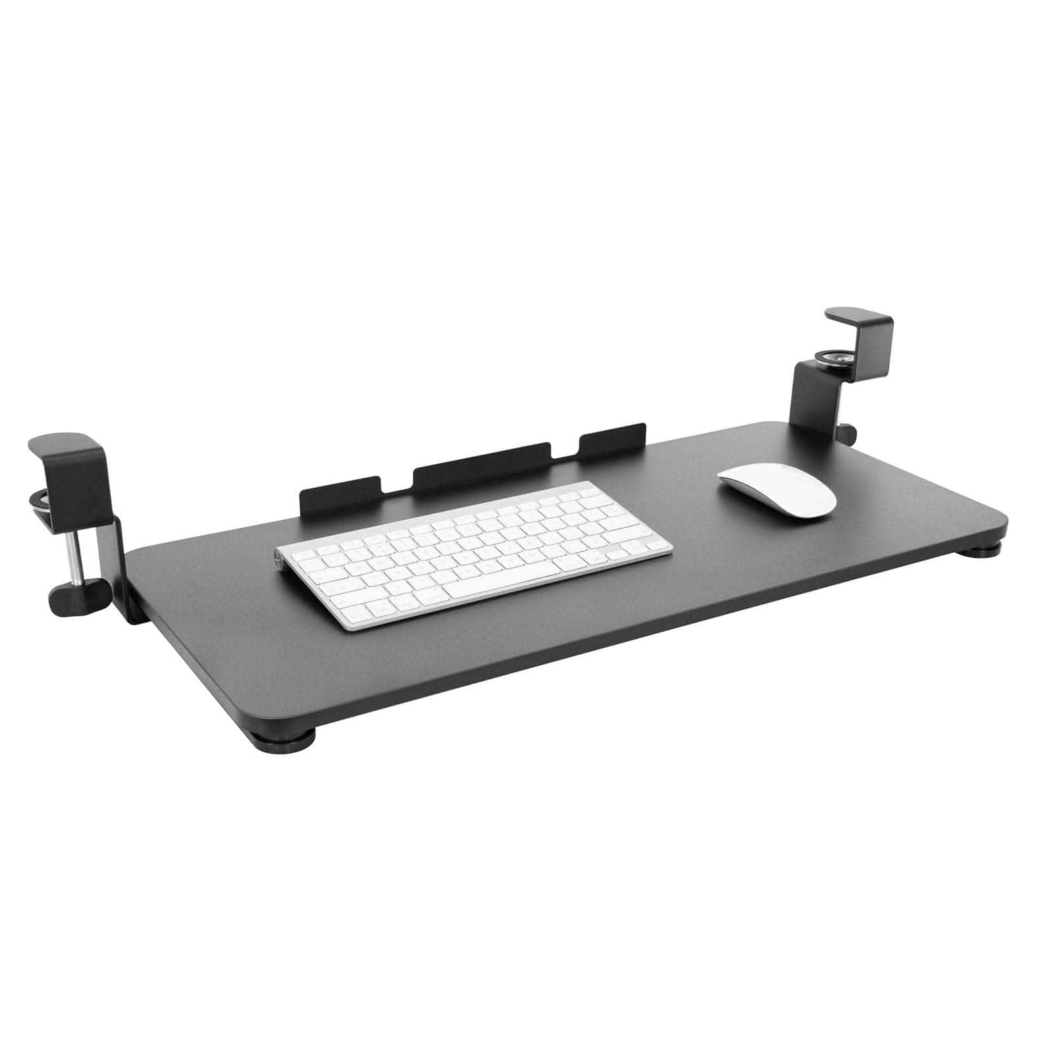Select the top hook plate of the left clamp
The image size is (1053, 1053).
63,442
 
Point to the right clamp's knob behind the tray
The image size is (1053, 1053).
848,434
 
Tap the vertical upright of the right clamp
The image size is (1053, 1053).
806,401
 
